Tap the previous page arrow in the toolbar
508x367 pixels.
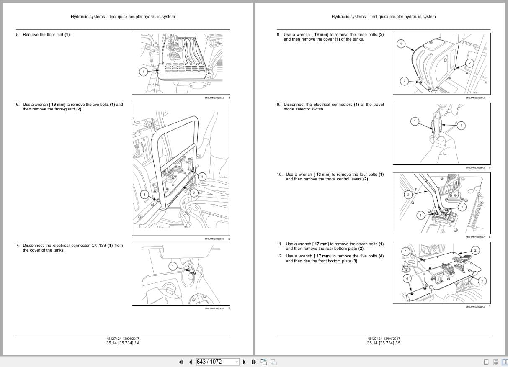(190, 362)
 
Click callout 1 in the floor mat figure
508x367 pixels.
(143, 72)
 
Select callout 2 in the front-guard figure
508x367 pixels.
(194, 193)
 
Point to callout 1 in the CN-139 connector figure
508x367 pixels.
(173, 266)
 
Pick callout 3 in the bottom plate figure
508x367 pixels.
(482, 281)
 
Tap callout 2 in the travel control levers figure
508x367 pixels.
(408, 195)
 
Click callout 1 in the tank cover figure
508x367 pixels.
(401, 44)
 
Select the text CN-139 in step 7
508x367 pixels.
(98, 246)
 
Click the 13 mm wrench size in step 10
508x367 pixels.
(322, 175)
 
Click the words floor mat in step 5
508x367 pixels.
(54, 35)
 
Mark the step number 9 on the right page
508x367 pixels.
(278, 105)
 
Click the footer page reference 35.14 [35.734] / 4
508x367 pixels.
(123, 343)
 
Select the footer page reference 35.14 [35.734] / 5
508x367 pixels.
(384, 343)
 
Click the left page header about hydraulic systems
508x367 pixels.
(123, 17)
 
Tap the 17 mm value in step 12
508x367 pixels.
(322, 256)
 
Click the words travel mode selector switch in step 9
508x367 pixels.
(304, 109)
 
